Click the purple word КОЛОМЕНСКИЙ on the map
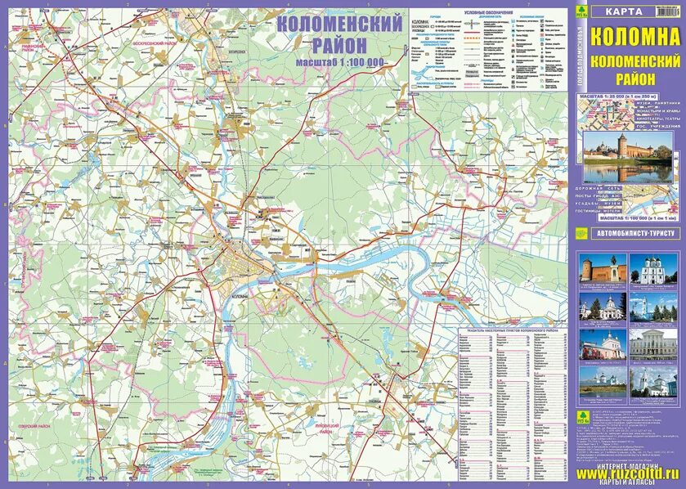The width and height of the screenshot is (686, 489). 340,23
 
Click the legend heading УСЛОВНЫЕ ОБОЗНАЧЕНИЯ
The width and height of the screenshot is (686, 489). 488,14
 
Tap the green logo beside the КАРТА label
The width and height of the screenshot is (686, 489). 581,11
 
